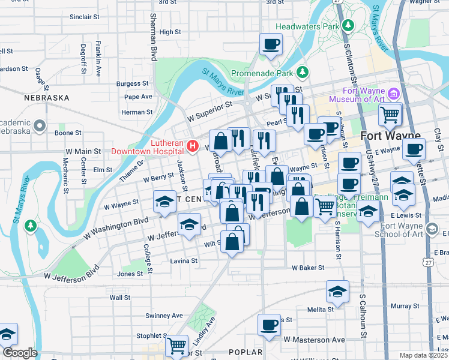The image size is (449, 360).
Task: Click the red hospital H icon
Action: [x=192, y=145]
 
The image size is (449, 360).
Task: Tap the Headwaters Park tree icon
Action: [x=348, y=25]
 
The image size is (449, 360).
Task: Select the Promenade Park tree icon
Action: [x=303, y=73]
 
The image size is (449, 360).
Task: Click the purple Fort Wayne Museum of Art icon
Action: [x=394, y=94]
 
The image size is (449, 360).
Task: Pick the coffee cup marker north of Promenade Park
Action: [x=271, y=43]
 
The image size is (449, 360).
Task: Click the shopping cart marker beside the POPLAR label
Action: [x=176, y=345]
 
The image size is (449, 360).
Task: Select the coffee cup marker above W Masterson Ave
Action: [x=269, y=325]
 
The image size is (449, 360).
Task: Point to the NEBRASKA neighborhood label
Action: [x=43, y=97]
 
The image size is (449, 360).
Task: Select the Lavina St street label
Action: [x=183, y=261]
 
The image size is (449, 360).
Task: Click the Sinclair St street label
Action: [x=84, y=17]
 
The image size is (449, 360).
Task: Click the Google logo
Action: [x=20, y=353]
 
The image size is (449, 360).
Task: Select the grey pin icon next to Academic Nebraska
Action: [x=40, y=126]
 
